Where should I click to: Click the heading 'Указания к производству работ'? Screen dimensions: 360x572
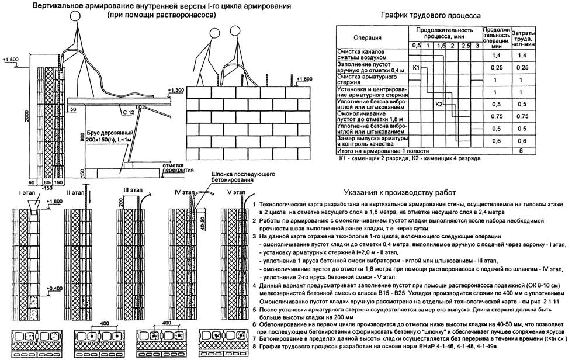point(396,192)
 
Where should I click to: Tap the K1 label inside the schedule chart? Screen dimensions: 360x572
point(417,68)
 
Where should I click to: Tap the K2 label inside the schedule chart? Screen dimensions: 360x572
point(439,104)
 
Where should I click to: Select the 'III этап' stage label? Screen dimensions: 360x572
point(134,190)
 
